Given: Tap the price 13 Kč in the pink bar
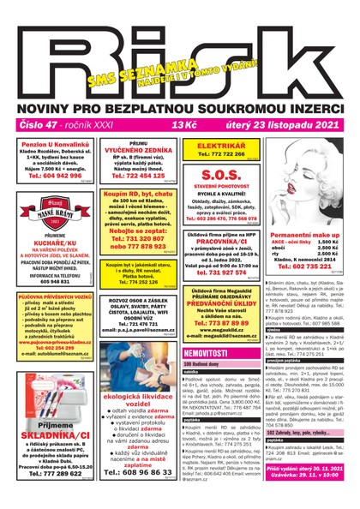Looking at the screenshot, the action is (184, 125).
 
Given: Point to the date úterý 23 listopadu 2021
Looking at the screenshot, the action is (292, 125).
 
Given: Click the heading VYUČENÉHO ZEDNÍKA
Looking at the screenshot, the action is (139, 150).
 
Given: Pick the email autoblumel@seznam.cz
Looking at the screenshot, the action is (54, 343).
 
